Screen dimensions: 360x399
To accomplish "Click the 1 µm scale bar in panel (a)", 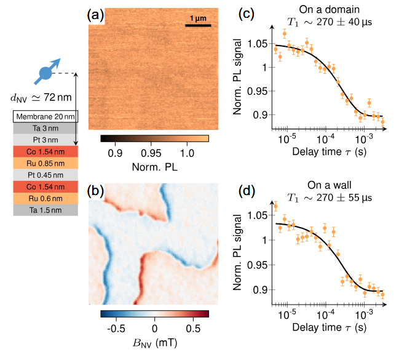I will pyautogui.click(x=198, y=26).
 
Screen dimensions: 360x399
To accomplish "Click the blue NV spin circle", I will pyautogui.click(x=45, y=73).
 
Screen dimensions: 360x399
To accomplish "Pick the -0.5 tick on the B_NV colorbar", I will pyautogui.click(x=117, y=327).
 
